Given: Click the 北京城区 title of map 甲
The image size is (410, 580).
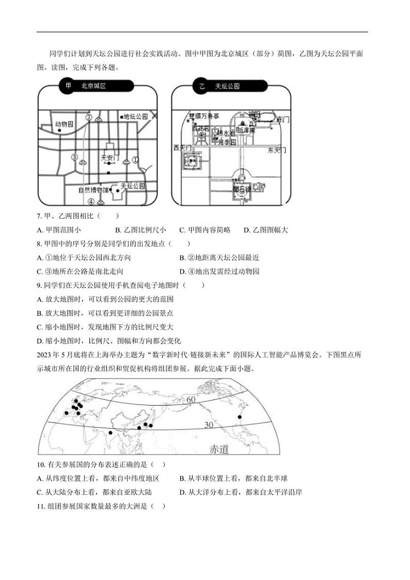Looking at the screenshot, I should (93, 86).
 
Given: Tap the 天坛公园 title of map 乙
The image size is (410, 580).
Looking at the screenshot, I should (227, 86).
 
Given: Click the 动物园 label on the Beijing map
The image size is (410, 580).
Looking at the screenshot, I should (65, 124).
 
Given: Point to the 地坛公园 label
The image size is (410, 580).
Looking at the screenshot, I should (135, 117).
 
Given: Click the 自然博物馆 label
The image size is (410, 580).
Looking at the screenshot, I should (94, 190).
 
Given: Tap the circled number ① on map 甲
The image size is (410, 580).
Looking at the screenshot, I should (136, 160).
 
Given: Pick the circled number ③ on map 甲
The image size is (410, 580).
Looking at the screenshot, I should (74, 157).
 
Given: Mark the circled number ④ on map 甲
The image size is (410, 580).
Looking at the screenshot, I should (91, 202).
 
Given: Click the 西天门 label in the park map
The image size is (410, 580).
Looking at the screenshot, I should (183, 148).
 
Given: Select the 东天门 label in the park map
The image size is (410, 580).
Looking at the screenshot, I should (277, 150).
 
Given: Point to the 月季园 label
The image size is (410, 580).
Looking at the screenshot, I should (227, 141).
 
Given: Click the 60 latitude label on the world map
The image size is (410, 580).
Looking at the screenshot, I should (191, 400).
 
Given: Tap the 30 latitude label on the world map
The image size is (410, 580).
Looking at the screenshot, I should (209, 425).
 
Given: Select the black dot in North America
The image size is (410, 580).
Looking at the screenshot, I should (239, 416).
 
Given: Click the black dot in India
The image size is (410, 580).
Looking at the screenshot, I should (110, 433).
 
